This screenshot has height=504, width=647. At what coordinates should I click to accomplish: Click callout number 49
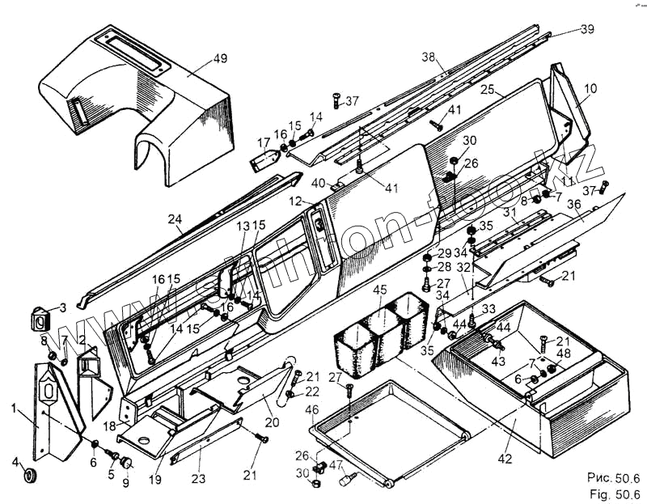tap(198, 58)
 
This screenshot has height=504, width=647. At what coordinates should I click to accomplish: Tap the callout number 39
tap(586, 29)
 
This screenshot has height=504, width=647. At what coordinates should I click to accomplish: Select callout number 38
tap(429, 57)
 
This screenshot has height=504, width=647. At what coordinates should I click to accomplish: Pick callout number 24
tap(176, 218)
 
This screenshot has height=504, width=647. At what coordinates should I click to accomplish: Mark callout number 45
tap(380, 289)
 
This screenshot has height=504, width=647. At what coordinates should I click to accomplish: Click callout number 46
tap(312, 411)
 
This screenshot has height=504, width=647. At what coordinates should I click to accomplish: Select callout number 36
tap(573, 206)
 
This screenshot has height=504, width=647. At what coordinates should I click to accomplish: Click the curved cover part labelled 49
tap(146, 113)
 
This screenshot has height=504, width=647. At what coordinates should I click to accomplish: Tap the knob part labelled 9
tap(127, 462)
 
